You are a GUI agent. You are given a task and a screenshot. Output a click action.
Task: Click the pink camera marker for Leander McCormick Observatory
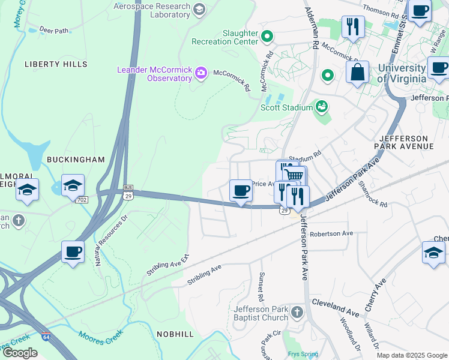[200, 74]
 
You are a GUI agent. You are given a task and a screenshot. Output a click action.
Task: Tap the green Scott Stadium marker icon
[322, 107]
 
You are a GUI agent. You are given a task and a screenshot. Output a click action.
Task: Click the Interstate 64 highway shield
[46, 337]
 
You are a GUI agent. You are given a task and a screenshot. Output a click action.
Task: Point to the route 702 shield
[82, 199]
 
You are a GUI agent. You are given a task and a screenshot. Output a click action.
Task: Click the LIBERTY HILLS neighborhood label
[56, 64]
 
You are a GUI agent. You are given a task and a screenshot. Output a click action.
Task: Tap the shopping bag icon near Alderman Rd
[357, 72]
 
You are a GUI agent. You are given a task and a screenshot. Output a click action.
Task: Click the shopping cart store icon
[294, 176]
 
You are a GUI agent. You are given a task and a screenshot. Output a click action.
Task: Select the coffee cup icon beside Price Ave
[241, 191]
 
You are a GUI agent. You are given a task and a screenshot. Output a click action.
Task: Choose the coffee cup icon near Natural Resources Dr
[73, 251]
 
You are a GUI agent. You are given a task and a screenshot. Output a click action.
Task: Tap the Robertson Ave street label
[331, 233]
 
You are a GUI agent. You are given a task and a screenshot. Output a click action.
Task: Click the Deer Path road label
[55, 29]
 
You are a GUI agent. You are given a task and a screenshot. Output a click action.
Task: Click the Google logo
[20, 353]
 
